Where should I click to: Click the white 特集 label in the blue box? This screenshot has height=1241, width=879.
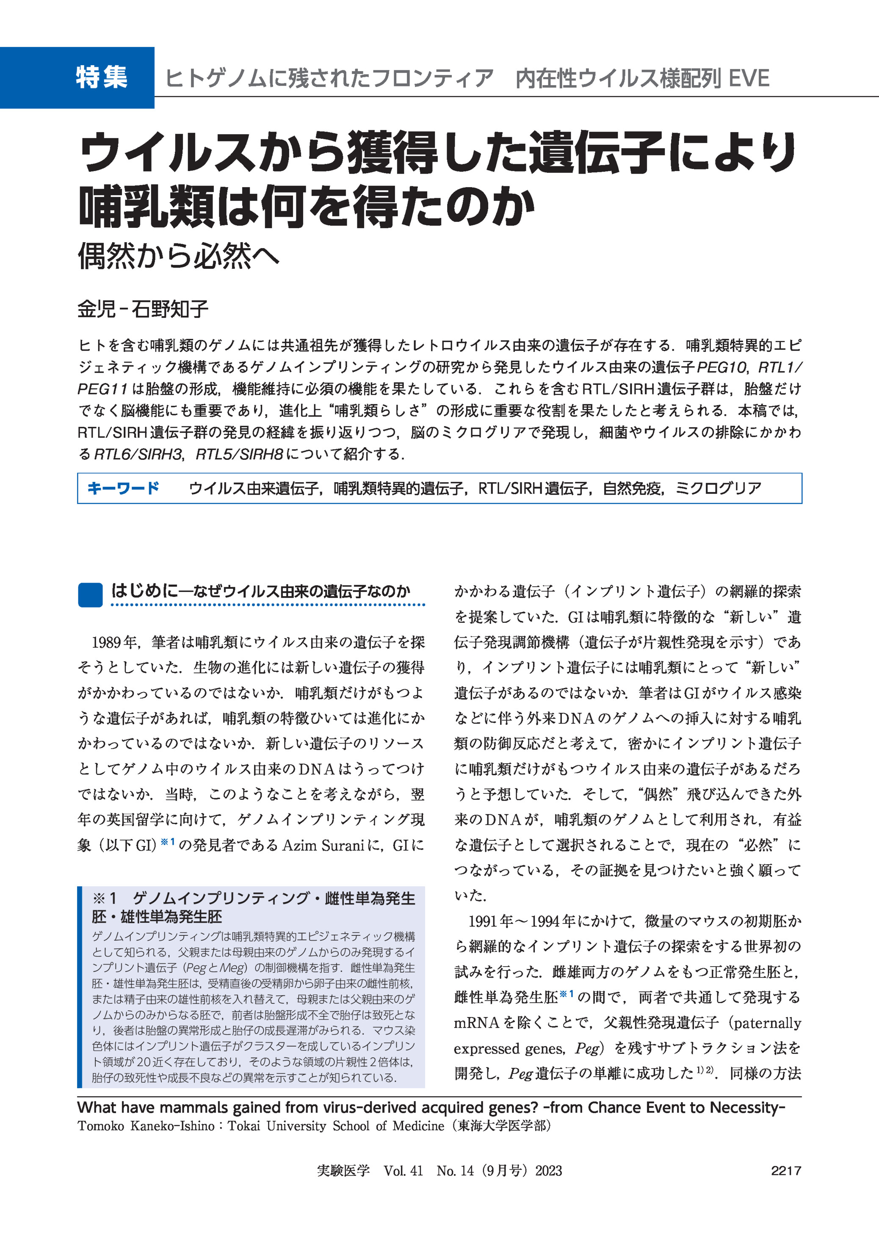click(x=102, y=77)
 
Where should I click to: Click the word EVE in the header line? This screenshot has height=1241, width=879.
click(x=749, y=78)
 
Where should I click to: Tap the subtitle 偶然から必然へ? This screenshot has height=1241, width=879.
click(x=179, y=255)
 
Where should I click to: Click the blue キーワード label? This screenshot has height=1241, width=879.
click(x=123, y=488)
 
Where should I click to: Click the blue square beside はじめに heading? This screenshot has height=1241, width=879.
click(x=90, y=595)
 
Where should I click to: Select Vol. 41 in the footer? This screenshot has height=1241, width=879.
click(x=403, y=1171)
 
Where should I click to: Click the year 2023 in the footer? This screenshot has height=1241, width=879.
click(x=548, y=1171)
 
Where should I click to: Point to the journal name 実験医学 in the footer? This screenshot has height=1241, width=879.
click(x=343, y=1171)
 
